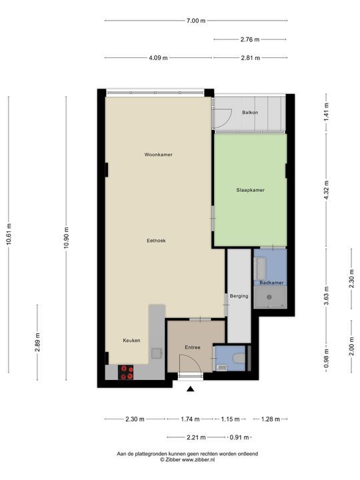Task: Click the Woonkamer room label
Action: point(159,155)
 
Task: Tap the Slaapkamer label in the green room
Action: point(250,190)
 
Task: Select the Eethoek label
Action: point(157,241)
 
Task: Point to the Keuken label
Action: point(131,341)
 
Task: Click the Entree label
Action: point(193,347)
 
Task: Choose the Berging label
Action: point(239,296)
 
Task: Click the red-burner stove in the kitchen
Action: point(126,372)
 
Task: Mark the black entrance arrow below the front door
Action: point(191,389)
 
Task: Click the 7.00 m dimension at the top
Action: point(195,21)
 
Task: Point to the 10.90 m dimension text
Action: point(67,237)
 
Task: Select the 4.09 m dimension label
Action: point(158,58)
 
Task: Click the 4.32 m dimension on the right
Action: point(326,191)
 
